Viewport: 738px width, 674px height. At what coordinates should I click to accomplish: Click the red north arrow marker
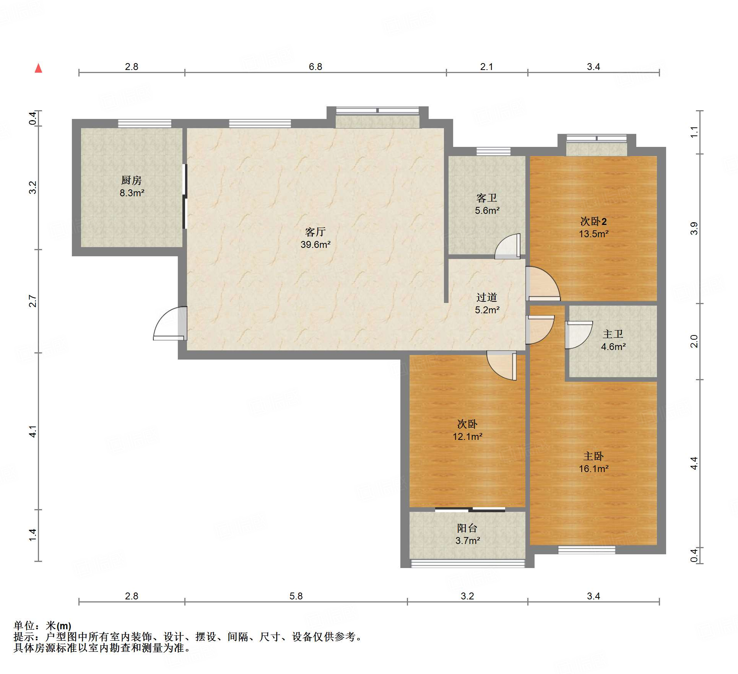pyautogui.click(x=38, y=68)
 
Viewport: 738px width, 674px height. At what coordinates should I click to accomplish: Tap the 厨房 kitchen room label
pyautogui.click(x=132, y=180)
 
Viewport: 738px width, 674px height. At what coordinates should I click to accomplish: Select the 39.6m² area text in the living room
pyautogui.click(x=315, y=244)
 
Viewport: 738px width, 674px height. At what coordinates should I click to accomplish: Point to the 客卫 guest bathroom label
pyautogui.click(x=487, y=198)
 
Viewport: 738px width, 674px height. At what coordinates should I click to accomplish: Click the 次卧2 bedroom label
pyautogui.click(x=593, y=221)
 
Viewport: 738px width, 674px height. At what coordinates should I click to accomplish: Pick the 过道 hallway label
pyautogui.click(x=487, y=297)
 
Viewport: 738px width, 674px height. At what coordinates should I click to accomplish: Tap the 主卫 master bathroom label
pyautogui.click(x=613, y=334)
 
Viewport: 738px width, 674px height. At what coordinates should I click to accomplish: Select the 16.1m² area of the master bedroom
pyautogui.click(x=593, y=469)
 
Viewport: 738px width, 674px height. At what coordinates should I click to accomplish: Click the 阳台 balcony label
pyautogui.click(x=467, y=528)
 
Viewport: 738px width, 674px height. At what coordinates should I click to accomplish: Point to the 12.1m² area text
pyautogui.click(x=467, y=436)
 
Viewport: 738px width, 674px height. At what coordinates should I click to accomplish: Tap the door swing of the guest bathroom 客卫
pyautogui.click(x=507, y=246)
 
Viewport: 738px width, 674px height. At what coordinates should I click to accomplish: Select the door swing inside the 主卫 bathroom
pyautogui.click(x=579, y=335)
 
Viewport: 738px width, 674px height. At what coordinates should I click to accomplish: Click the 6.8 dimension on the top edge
pyautogui.click(x=315, y=67)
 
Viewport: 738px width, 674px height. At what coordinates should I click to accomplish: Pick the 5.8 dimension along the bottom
pyautogui.click(x=296, y=596)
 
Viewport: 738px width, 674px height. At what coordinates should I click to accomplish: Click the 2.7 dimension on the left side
pyautogui.click(x=33, y=301)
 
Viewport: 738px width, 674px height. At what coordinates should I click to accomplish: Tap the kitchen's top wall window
pyautogui.click(x=145, y=123)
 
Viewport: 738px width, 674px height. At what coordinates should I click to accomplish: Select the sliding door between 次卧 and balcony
pyautogui.click(x=470, y=510)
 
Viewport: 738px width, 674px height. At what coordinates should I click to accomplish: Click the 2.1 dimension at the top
pyautogui.click(x=486, y=67)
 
